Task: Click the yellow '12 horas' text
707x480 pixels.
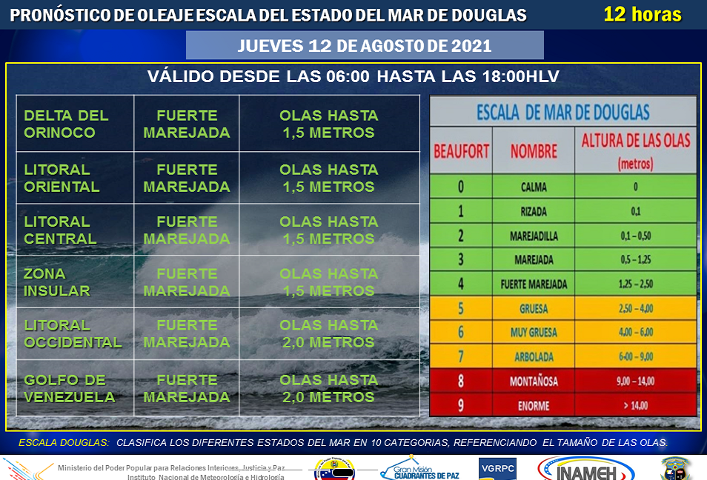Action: coord(642,14)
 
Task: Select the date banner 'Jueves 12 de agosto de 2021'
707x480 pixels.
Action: coord(365,45)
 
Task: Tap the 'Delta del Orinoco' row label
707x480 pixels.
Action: coord(66,124)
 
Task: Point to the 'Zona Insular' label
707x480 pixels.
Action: coord(57,282)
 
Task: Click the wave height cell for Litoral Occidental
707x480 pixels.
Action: coord(329,333)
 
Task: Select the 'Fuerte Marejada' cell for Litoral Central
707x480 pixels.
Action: coord(187,230)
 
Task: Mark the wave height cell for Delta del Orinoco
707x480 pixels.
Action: coord(329,124)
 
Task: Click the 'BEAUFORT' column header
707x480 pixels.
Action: coord(461,151)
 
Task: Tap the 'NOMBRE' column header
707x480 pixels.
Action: coord(534,151)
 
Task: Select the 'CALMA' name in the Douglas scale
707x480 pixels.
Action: coord(534,187)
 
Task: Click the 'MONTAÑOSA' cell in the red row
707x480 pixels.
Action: coord(534,381)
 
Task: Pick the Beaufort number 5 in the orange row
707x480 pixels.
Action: coord(461,308)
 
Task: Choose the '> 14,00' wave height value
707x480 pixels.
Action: coord(636,406)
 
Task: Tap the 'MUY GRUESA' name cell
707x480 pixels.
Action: coord(534,333)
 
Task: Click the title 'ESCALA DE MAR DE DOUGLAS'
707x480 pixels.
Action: coord(563,112)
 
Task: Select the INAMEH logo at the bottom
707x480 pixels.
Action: coord(586,469)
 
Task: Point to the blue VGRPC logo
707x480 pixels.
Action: coord(498,469)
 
